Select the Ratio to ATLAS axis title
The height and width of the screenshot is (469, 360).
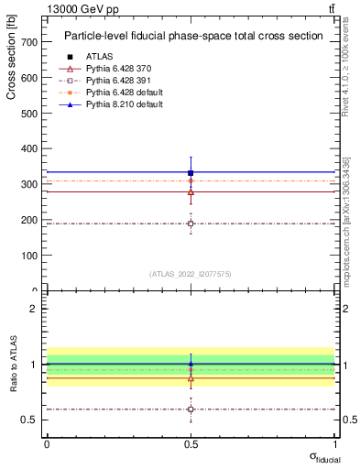14,365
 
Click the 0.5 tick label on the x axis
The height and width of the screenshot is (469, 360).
191,443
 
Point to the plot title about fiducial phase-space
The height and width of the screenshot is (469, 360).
193,37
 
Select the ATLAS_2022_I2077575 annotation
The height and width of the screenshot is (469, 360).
191,274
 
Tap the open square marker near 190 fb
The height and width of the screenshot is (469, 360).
191,224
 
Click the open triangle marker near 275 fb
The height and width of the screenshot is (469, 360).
191,192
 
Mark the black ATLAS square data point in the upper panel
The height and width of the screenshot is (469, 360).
191,172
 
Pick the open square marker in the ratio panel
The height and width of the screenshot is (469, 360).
191,409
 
